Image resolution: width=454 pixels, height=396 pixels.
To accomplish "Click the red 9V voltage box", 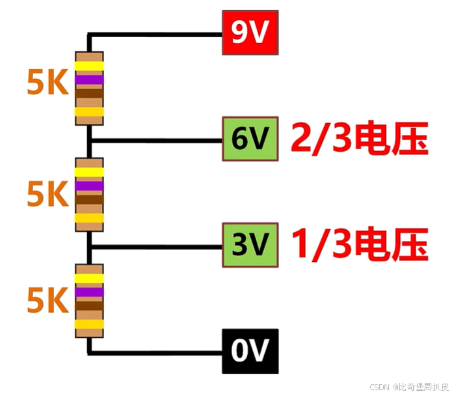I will pos(250,33).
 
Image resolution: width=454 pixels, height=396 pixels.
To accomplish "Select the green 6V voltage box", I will pos(250,139).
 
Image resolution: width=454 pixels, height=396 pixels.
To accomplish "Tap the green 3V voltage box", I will pos(250,244).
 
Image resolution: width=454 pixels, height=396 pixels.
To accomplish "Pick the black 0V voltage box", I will pos(250,351).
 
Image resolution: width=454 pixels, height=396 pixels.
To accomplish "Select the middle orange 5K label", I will pos(47,193).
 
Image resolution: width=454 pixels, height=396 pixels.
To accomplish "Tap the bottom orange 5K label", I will pos(47,300).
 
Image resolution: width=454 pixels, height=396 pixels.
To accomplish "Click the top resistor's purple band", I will pos(89,80).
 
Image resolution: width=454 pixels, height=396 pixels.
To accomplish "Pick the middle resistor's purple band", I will pos(89,186).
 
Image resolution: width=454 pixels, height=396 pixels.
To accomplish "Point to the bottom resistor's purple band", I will pos(89,292).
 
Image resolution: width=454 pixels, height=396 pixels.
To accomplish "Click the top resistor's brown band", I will pos(89,94).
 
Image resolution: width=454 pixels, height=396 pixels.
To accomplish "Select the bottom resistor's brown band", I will pos(89,306).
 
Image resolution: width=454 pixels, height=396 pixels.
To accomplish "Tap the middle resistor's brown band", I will pos(89,200).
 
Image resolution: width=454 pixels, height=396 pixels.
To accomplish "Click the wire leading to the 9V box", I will pos(156,33).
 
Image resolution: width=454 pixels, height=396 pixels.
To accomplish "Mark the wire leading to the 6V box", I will pos(156,139).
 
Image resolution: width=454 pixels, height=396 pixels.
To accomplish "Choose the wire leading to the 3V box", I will pos(156,246).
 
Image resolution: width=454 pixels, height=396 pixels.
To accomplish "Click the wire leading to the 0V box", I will pos(156,352).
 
